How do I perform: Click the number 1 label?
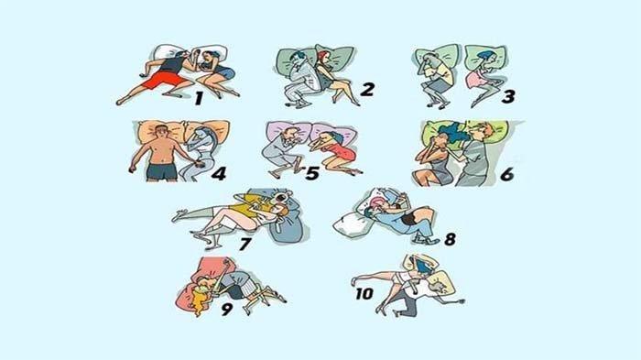tap(199, 98)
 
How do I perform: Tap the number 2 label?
tap(367, 90)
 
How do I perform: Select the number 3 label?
tap(508, 97)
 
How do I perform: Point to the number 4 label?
tap(219, 173)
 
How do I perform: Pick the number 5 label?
tap(312, 173)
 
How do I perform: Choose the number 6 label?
tap(507, 174)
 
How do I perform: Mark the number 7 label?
tap(244, 245)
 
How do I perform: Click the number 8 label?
tap(451, 239)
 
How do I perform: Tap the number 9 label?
tap(227, 309)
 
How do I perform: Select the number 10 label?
tap(364, 293)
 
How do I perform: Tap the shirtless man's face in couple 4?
tap(161, 132)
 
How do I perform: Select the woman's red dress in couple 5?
tap(342, 152)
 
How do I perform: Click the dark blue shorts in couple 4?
tap(162, 171)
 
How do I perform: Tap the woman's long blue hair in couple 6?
tap(452, 133)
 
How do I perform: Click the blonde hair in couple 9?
tap(200, 299)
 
